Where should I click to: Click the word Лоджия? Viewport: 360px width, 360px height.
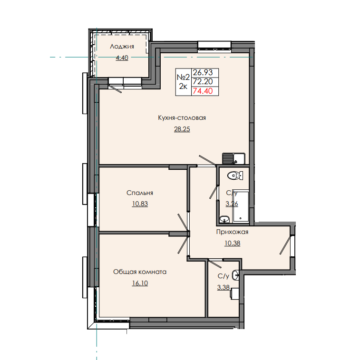[x=121, y=46]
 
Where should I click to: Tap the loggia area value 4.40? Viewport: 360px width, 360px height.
[x=122, y=58]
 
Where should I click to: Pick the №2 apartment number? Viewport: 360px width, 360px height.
[x=183, y=77]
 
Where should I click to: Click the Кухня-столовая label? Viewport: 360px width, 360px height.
[x=182, y=118]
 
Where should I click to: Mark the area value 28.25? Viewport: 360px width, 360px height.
[x=182, y=129]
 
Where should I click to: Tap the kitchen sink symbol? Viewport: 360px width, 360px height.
[x=233, y=158]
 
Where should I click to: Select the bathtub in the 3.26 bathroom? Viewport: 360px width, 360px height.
[x=242, y=206]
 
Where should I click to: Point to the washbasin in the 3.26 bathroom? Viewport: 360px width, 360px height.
[x=224, y=219]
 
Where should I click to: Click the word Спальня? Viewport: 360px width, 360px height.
[x=140, y=193]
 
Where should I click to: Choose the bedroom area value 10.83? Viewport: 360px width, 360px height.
[x=140, y=204]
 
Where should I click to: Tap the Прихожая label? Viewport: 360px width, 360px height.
[x=232, y=232]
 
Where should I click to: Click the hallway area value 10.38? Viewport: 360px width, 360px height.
[x=232, y=243]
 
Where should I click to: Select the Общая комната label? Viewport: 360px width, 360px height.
[x=139, y=272]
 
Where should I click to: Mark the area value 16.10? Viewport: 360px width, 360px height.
[x=139, y=282]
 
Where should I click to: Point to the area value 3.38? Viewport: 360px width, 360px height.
[x=223, y=286]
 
